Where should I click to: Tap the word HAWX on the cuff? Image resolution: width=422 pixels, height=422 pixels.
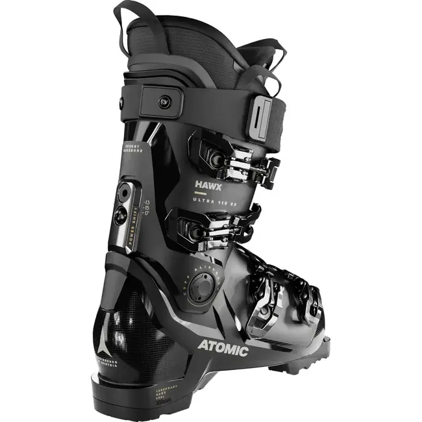208,184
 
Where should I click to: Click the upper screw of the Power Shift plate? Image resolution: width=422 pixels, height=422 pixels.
122,192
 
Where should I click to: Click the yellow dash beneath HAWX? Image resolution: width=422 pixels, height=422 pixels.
200,193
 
